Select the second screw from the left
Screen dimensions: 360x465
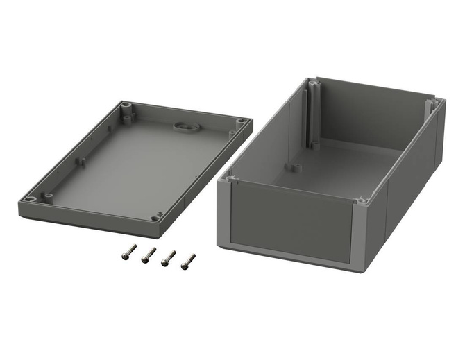[x=148, y=256]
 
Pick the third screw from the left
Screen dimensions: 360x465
[x=167, y=259]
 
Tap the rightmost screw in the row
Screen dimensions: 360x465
[x=187, y=262]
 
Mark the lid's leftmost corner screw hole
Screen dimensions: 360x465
[x=30, y=199]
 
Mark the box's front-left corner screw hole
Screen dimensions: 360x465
[x=230, y=179]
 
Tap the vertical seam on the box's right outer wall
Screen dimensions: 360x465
[x=386, y=208]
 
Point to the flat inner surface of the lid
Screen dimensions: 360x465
[x=139, y=166]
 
